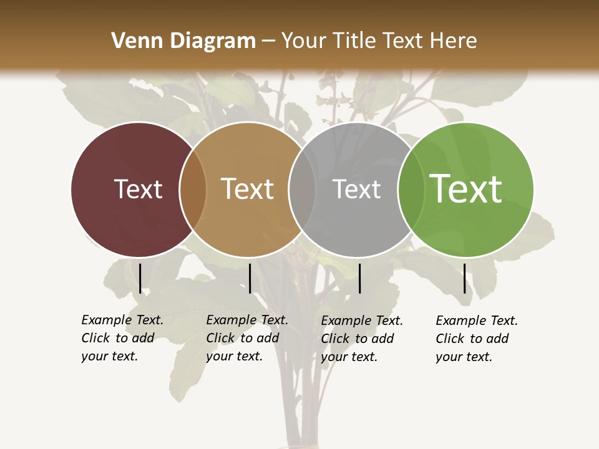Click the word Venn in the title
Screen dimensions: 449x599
tap(132, 41)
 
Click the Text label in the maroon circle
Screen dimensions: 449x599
tap(138, 189)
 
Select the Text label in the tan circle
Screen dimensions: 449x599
tap(247, 189)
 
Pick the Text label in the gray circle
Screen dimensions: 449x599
tap(356, 189)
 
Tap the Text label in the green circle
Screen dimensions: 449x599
tap(465, 189)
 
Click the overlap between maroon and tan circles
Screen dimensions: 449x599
tap(193, 189)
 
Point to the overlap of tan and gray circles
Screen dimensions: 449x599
tap(302, 189)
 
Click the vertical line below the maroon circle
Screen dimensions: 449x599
tap(140, 278)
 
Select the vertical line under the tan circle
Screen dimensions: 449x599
tap(250, 278)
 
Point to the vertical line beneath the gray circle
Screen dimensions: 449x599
tap(359, 278)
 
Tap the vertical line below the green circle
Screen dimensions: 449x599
tap(464, 278)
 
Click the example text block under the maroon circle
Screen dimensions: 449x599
tap(122, 338)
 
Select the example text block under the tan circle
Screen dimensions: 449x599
tap(247, 338)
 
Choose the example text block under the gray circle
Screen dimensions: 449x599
tap(362, 339)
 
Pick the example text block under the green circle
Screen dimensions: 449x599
tap(477, 339)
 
